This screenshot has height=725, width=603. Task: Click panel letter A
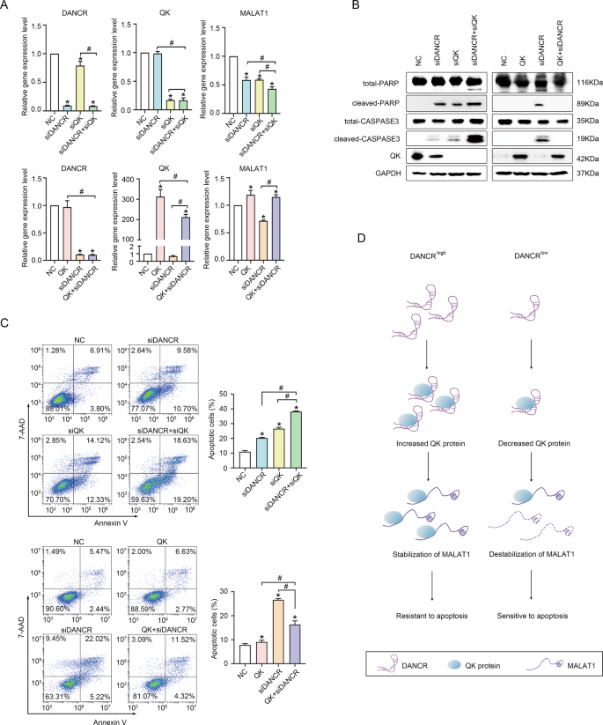(6, 7)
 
